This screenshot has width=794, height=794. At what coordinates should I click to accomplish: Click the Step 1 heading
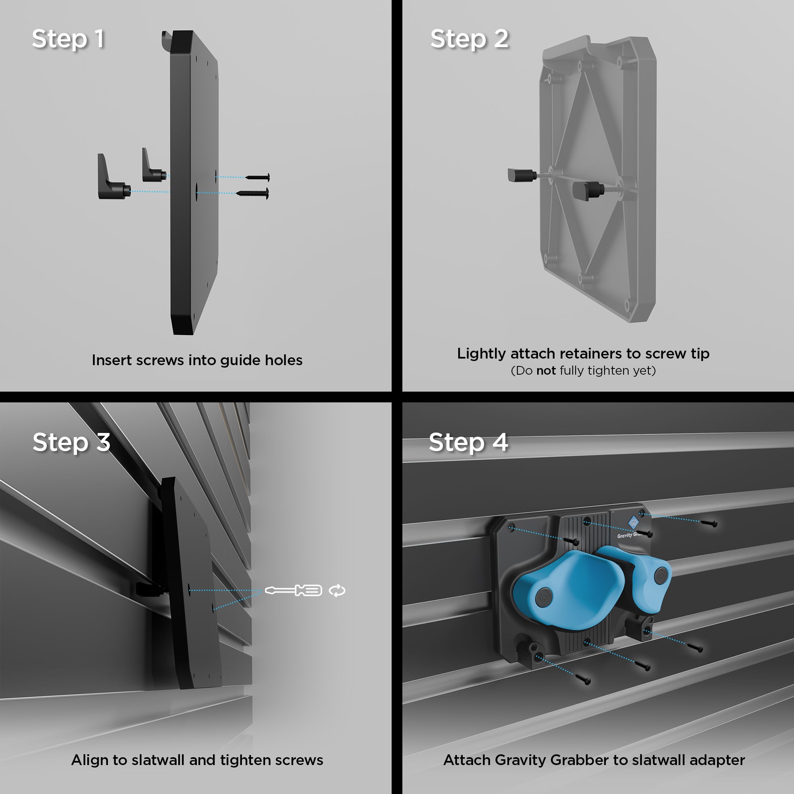(68, 40)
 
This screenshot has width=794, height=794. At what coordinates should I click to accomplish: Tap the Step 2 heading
(469, 40)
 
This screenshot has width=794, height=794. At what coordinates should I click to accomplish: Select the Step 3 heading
(72, 442)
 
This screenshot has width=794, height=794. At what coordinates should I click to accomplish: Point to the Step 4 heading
(469, 442)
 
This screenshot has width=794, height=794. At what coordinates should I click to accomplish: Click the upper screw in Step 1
(257, 177)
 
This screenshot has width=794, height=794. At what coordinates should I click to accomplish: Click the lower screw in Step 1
(252, 193)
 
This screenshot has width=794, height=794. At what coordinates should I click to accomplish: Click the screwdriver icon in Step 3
(293, 590)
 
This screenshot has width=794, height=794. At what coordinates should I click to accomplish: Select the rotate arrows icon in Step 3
(337, 591)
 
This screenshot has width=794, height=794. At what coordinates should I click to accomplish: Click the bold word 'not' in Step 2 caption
(546, 371)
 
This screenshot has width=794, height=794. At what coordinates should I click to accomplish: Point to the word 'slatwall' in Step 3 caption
(158, 761)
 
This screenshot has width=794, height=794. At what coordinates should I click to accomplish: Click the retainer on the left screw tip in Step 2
(522, 175)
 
